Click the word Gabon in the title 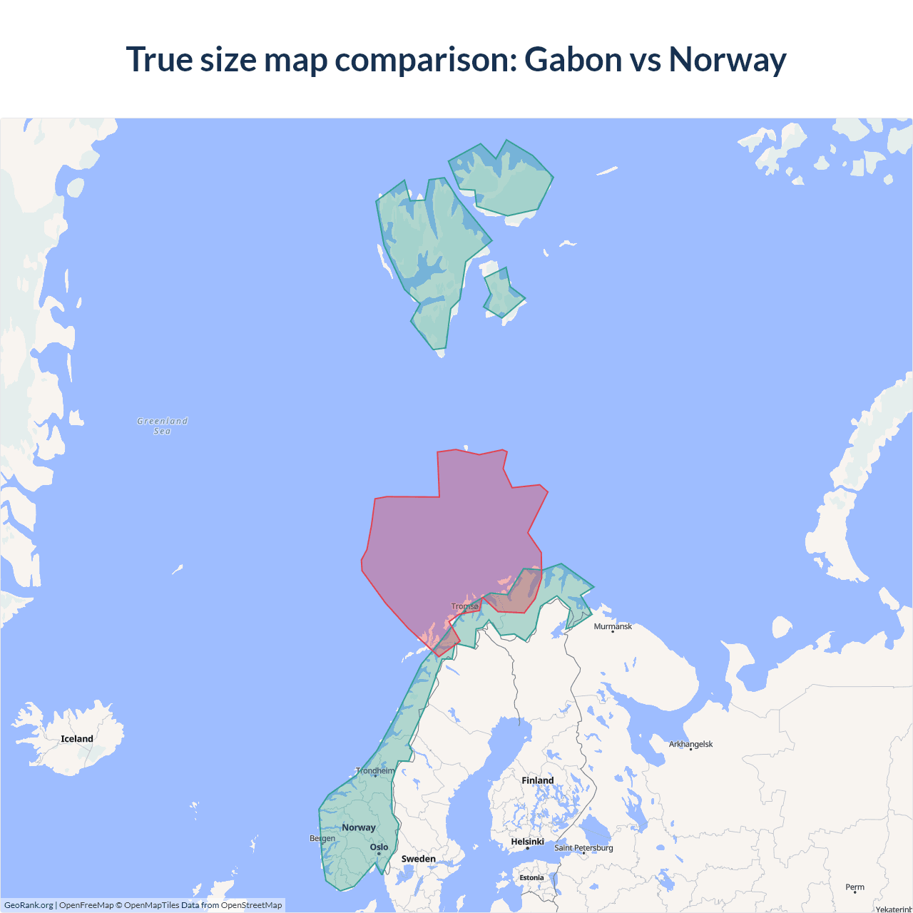573,60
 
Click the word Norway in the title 728,60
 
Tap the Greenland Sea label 163,426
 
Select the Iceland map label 77,739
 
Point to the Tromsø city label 465,606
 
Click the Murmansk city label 613,626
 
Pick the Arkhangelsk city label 690,744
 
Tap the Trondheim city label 375,770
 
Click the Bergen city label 322,838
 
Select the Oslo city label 379,847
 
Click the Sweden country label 418,859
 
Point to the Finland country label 537,780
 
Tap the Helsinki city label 527,842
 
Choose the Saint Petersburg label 583,847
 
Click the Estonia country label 531,877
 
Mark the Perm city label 855,887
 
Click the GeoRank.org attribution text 29,905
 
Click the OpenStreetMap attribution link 251,905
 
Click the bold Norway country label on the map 358,827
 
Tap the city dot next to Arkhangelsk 690,750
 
